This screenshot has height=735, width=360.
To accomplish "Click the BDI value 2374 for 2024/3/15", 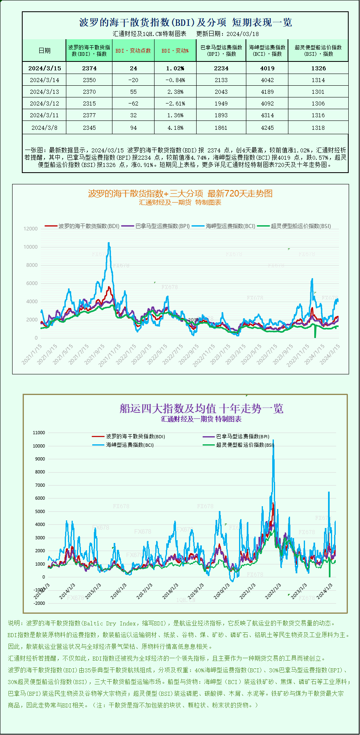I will point(89,68).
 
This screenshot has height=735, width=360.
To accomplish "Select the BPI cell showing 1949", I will point(221,103).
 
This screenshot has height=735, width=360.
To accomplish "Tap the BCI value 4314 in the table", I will point(267,115).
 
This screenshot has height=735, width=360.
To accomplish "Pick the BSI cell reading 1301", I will point(318,92).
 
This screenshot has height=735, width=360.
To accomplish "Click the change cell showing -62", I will point(133,103).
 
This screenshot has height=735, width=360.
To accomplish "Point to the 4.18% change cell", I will point(175,128).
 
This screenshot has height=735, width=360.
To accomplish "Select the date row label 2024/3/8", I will point(44,128).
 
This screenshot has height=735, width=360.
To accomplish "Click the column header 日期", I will point(44,51).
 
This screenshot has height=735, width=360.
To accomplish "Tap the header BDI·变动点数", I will point(133,51).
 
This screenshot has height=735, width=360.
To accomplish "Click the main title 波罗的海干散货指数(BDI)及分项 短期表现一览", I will point(185,22).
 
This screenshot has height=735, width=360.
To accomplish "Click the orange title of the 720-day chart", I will point(180,194).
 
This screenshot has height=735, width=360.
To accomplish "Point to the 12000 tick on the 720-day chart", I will point(31,229).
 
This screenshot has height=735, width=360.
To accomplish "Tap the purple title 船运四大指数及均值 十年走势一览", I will point(201,408).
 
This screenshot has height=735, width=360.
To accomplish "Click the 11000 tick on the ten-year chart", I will point(39,433).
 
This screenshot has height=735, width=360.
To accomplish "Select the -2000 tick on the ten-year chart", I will point(39,603).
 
